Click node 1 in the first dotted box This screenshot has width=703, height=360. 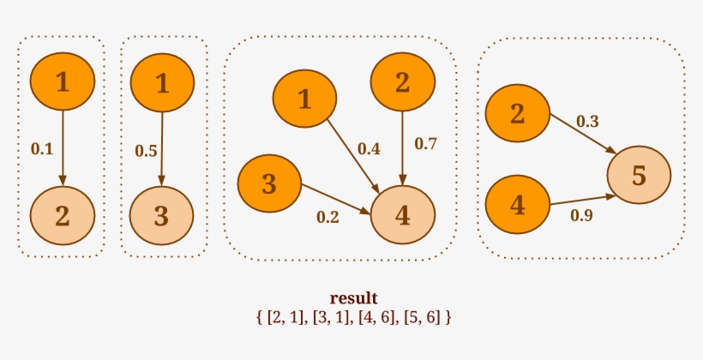(62, 82)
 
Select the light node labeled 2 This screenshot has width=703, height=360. (62, 214)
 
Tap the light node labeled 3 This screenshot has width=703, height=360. (161, 214)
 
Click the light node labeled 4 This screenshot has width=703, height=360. (403, 215)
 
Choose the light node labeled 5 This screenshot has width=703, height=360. (639, 176)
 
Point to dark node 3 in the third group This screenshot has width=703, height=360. (269, 183)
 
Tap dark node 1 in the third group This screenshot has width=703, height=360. (304, 99)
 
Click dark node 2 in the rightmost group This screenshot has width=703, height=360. (517, 113)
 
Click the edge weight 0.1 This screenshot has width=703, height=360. (42, 148)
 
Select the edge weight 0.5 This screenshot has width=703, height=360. (146, 151)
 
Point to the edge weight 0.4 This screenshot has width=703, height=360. (369, 148)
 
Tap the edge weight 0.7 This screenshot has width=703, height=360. (426, 143)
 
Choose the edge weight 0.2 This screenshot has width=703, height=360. (328, 216)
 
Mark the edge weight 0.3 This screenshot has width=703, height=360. (587, 121)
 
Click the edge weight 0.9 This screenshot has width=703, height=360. (581, 215)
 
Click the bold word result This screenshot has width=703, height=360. (353, 298)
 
